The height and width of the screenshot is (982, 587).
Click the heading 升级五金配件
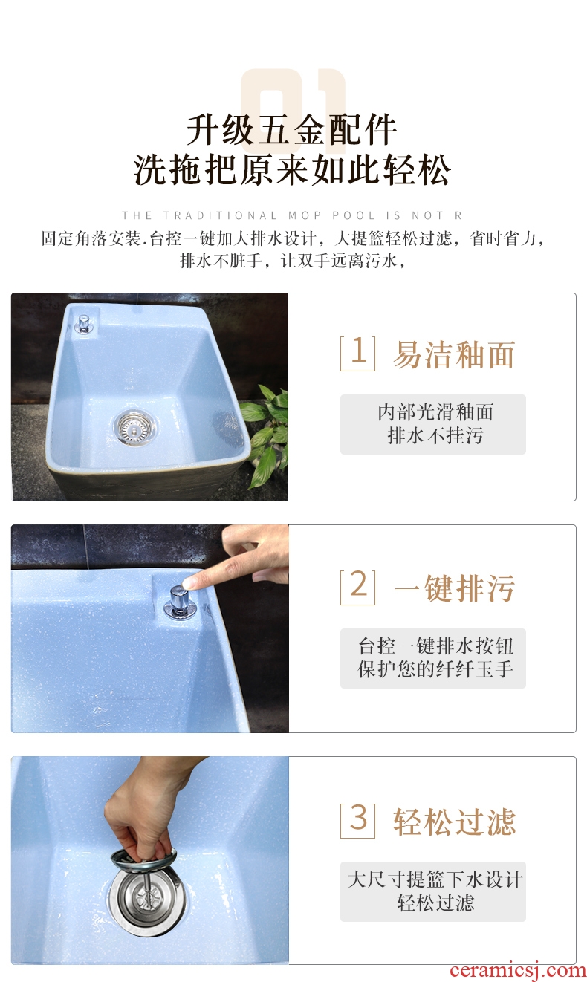292,130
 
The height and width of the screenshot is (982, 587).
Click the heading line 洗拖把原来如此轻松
292,169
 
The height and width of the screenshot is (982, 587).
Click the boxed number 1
357,354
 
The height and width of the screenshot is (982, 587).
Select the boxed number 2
357,587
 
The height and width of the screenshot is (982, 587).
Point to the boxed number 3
357,820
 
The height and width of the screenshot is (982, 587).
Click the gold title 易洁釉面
454,354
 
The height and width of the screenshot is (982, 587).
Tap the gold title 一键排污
454,588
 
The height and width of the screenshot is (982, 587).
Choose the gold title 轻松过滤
454,822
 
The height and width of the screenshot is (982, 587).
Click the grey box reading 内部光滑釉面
433,424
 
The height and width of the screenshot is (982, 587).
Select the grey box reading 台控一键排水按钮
433,658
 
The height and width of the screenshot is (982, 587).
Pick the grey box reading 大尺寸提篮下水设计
433,891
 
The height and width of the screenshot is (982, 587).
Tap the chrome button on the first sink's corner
82,323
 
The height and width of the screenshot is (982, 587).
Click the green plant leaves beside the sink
266,435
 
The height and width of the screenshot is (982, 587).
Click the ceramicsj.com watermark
518,970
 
